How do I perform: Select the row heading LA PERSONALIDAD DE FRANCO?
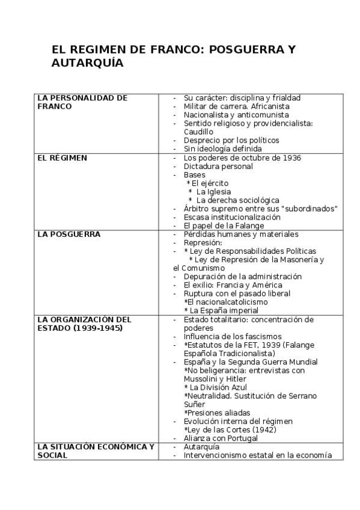point(82,102)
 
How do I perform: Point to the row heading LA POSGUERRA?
point(68,234)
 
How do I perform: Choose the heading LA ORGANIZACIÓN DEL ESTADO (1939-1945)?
point(84,324)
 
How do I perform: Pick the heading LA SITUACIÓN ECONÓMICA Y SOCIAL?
point(95,451)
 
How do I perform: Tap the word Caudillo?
point(198,131)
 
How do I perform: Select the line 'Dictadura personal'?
point(218,166)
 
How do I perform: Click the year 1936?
point(290,158)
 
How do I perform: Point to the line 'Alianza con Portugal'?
point(221,438)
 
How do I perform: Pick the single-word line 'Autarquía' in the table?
point(201,447)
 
